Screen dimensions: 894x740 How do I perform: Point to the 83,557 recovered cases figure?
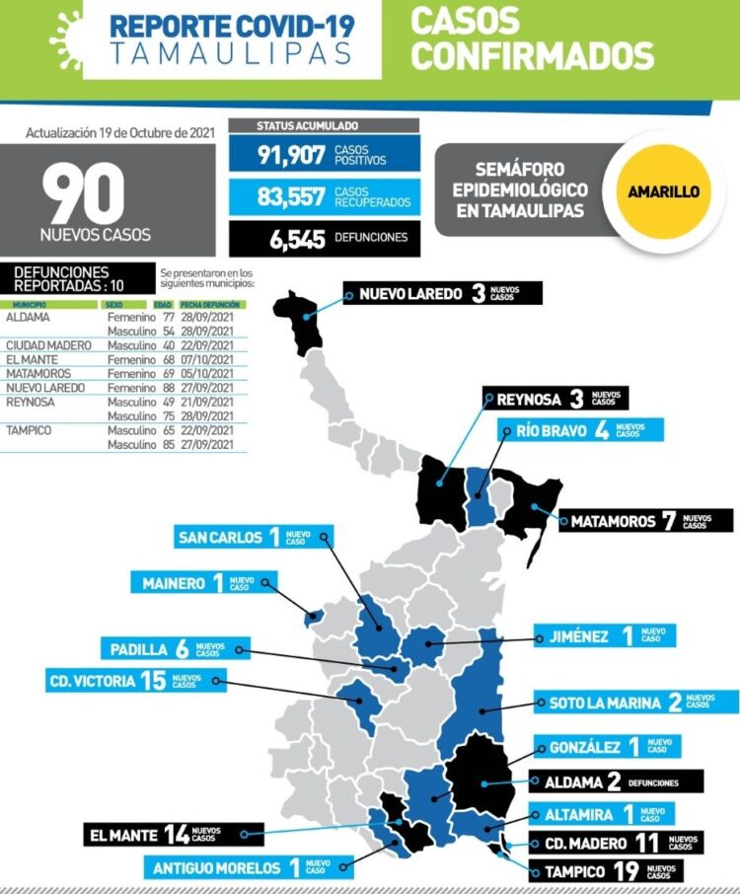(291, 196)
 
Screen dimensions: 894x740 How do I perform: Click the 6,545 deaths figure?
(291, 238)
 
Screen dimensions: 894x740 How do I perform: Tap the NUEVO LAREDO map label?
(444, 294)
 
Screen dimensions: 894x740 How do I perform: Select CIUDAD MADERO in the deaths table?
(48, 345)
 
